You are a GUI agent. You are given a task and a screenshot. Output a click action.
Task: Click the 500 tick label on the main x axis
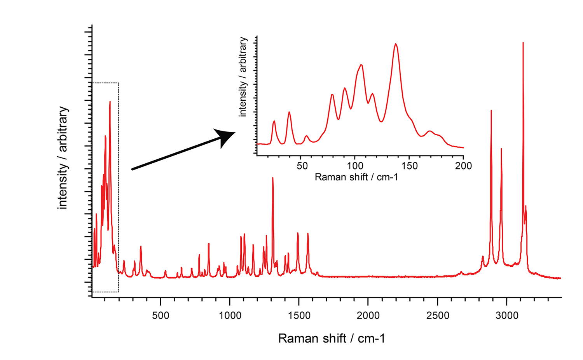pos(161,315)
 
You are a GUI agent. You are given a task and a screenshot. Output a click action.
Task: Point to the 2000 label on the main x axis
pos(368,315)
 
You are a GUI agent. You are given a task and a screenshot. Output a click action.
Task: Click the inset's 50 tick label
pos(302,166)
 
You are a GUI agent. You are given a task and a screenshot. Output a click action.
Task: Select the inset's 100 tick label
pos(355,166)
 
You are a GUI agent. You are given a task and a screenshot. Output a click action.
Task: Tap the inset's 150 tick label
pos(409,166)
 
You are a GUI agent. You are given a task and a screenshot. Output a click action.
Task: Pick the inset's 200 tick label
pos(463,166)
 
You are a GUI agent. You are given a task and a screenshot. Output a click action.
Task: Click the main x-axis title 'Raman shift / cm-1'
pos(332,339)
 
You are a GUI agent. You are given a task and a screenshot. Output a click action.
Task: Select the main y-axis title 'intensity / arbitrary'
pos(63,157)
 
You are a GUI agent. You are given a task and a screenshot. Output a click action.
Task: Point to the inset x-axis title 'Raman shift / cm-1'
pos(356,177)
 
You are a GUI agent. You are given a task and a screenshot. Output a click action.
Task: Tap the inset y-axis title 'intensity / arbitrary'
pos(243,77)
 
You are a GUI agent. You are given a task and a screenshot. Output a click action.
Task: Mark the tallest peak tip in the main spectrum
pos(523,43)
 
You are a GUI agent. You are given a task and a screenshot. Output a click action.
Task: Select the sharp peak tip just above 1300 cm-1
pos(273,178)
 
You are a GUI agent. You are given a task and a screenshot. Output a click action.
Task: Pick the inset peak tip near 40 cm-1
pos(289,112)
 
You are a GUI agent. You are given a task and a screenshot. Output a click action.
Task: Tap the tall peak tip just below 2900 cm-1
pos(491,111)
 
